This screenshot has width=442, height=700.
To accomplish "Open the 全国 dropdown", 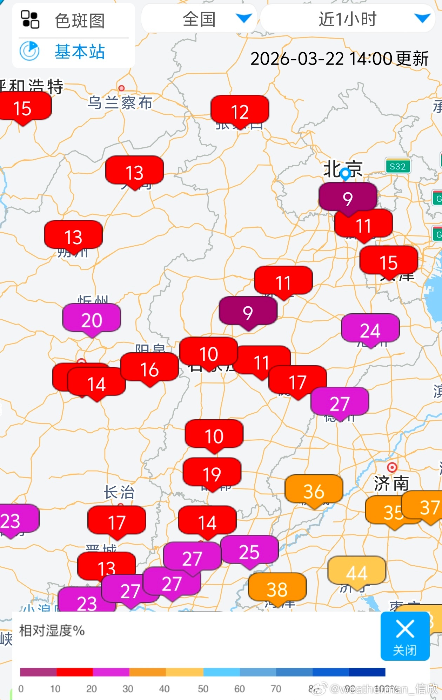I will pyautogui.click(x=199, y=19).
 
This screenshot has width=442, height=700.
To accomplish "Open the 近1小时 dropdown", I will pyautogui.click(x=347, y=19).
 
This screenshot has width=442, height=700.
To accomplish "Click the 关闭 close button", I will pyautogui.click(x=405, y=636).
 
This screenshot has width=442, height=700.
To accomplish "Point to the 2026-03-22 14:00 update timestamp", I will pyautogui.click(x=339, y=59).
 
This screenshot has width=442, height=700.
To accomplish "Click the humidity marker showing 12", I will pyautogui.click(x=240, y=112).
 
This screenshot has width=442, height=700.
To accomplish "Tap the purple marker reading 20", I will pyautogui.click(x=92, y=320).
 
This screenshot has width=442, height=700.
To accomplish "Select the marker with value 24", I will pyautogui.click(x=370, y=330).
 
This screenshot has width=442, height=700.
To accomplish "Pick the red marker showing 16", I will pyautogui.click(x=149, y=369).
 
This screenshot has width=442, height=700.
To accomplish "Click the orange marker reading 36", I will pyautogui.click(x=314, y=491).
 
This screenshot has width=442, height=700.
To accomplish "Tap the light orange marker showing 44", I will pyautogui.click(x=357, y=573).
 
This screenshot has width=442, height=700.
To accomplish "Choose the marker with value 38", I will pyautogui.click(x=277, y=589).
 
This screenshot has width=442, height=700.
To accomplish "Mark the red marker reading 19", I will pyautogui.click(x=212, y=474).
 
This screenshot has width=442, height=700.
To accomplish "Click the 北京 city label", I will pyautogui.click(x=342, y=169).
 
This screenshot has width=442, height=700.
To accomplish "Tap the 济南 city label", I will pyautogui.click(x=391, y=484).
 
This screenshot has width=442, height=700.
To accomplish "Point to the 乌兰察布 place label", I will pyautogui.click(x=120, y=103).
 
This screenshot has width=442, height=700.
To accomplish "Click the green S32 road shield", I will pyautogui.click(x=397, y=166).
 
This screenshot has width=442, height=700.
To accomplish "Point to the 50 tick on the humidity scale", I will pyautogui.click(x=203, y=689).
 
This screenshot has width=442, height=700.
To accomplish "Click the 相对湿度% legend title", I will pyautogui.click(x=52, y=631).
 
